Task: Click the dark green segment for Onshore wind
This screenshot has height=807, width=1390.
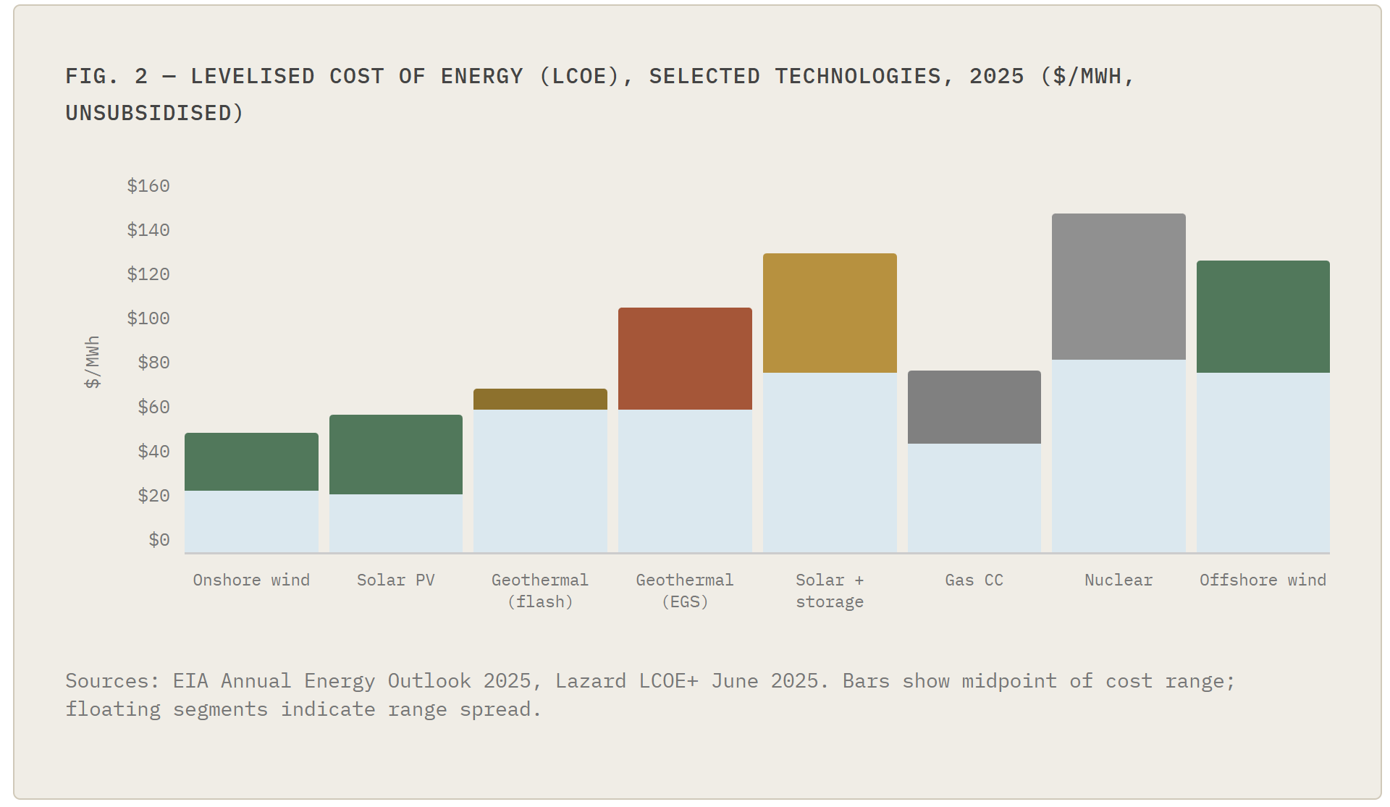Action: (251, 462)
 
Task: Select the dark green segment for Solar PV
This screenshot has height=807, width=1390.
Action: (396, 455)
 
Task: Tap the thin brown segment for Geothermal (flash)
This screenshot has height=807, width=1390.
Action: (540, 399)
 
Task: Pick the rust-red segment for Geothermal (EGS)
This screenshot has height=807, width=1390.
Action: (685, 358)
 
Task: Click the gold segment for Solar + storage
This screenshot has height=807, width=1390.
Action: (830, 313)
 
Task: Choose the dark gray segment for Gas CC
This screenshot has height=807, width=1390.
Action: (974, 407)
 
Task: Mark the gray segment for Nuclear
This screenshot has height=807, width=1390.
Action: (1119, 287)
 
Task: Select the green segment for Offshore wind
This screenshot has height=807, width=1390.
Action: (1263, 316)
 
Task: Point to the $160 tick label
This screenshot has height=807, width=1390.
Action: (148, 186)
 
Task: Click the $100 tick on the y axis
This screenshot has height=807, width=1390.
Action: (148, 318)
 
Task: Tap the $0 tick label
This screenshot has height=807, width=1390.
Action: (159, 540)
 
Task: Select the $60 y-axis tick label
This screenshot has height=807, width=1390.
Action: (153, 407)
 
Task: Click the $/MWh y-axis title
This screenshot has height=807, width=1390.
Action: (93, 362)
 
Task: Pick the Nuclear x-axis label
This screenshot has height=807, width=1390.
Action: (1119, 580)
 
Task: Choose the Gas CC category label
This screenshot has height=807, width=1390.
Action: (974, 580)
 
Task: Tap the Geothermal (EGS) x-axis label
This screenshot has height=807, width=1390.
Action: (685, 591)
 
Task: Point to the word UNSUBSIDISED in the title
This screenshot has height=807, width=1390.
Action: (148, 113)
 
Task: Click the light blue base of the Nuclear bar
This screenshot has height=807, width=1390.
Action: (1119, 456)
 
